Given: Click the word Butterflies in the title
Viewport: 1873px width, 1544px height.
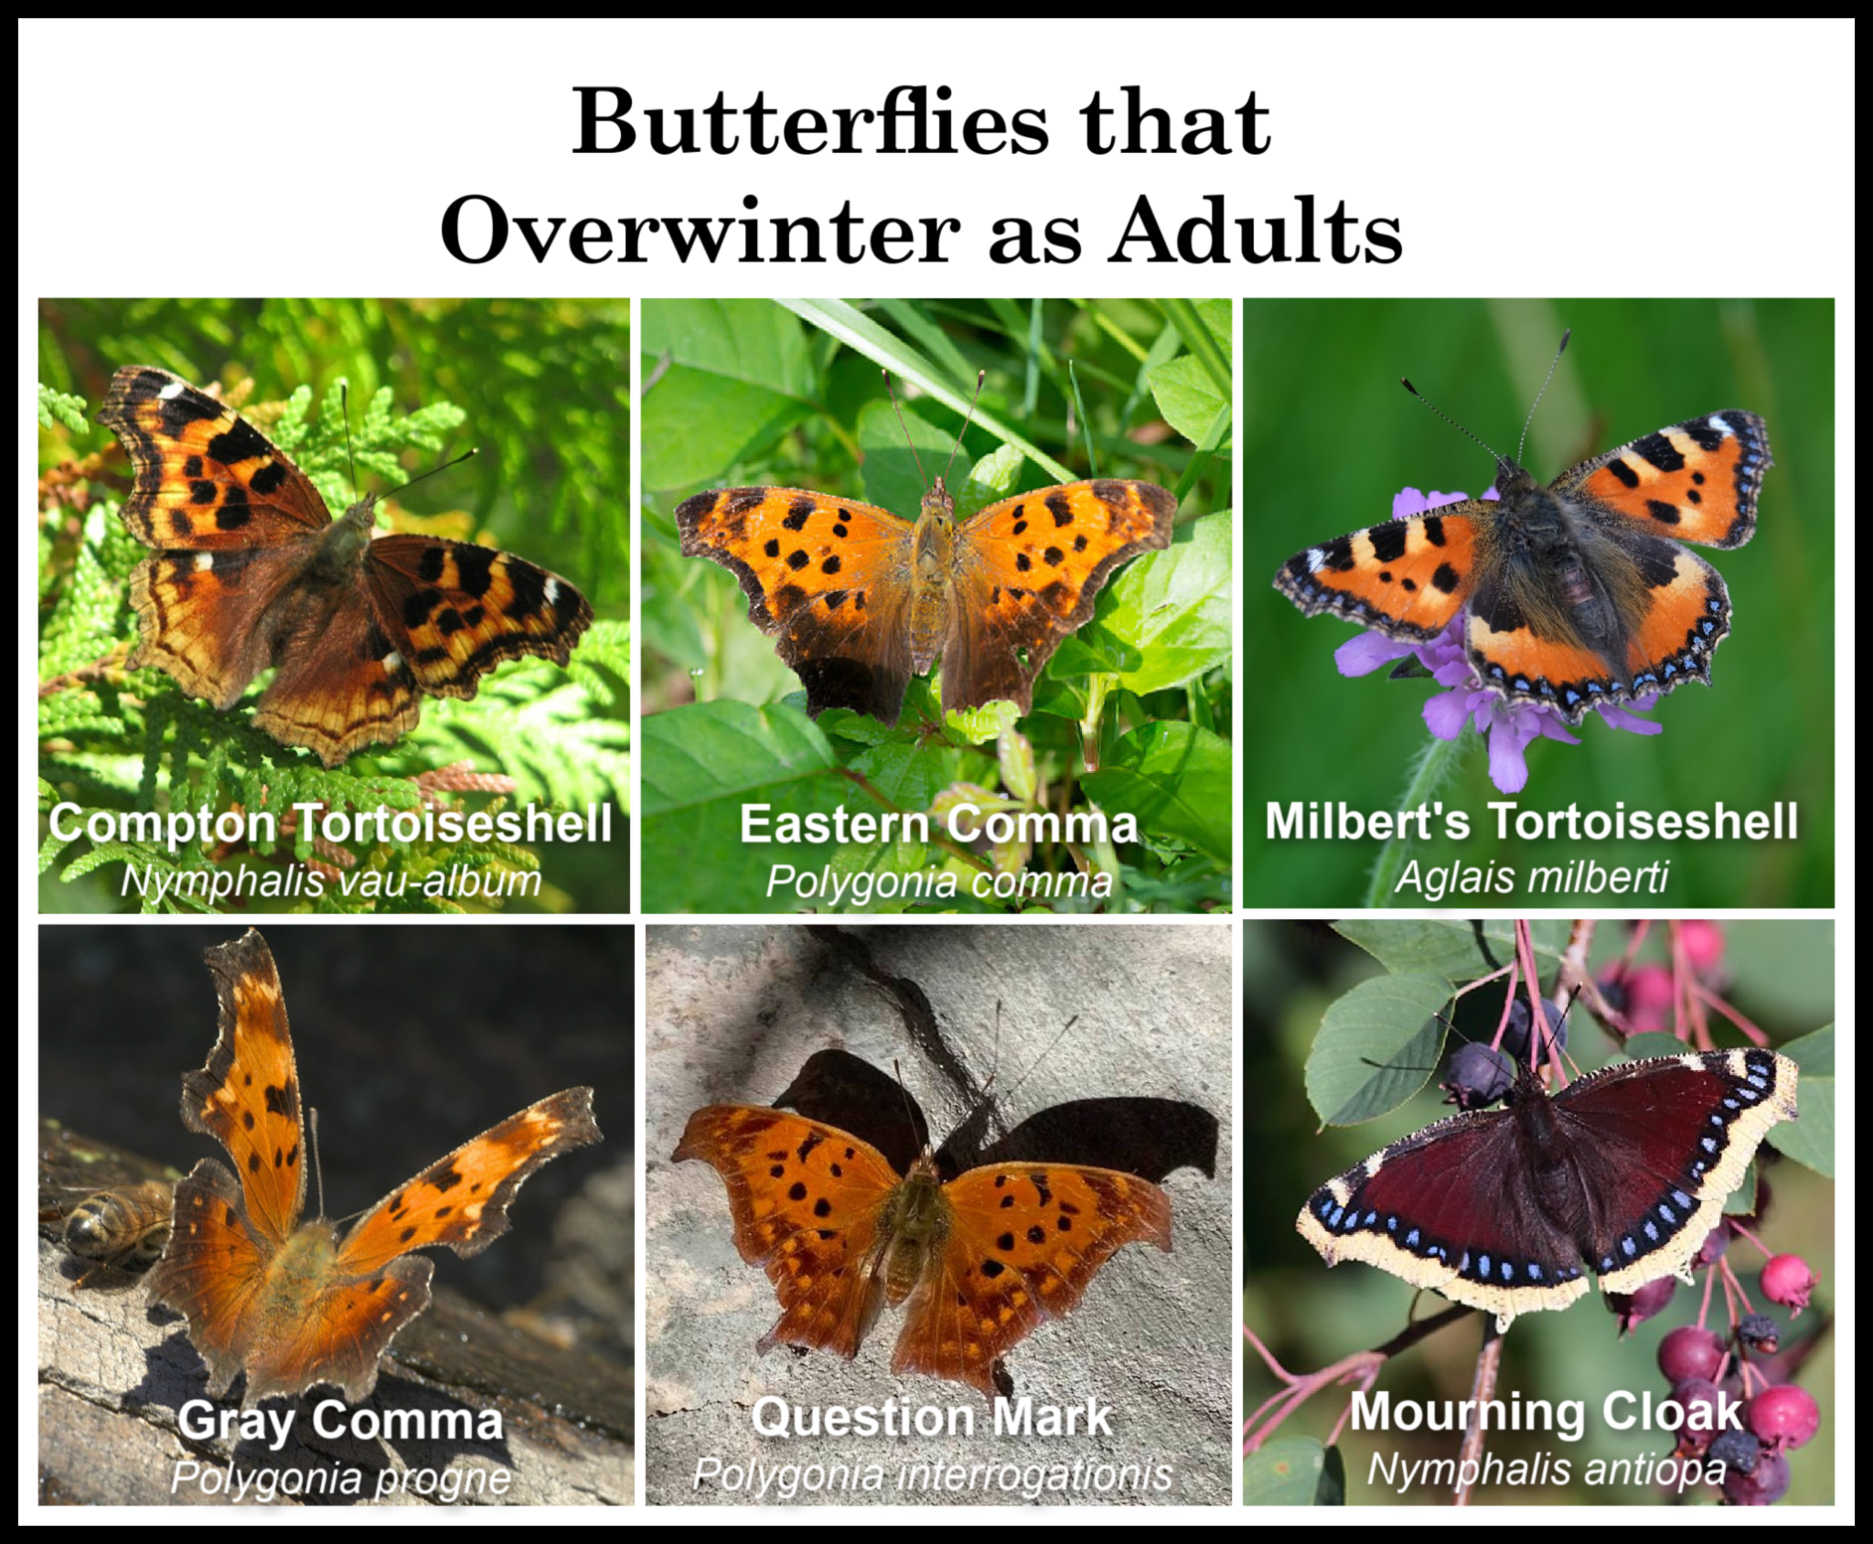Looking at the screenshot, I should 808,123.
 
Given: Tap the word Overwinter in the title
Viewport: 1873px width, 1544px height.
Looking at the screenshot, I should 700,231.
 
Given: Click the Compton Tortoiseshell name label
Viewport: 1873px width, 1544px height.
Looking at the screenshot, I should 330,823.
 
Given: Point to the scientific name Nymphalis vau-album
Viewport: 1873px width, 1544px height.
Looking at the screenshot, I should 330,880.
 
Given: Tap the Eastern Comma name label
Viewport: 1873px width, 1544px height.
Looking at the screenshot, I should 937,824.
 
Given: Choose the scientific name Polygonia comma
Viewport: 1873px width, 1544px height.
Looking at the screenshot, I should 937,881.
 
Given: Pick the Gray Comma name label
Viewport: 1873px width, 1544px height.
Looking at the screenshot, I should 340,1421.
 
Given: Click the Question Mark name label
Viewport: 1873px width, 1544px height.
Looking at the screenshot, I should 931,1417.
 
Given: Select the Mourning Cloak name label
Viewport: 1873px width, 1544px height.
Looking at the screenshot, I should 1546,1411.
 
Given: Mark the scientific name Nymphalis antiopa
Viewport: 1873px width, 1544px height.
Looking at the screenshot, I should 1546,1469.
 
